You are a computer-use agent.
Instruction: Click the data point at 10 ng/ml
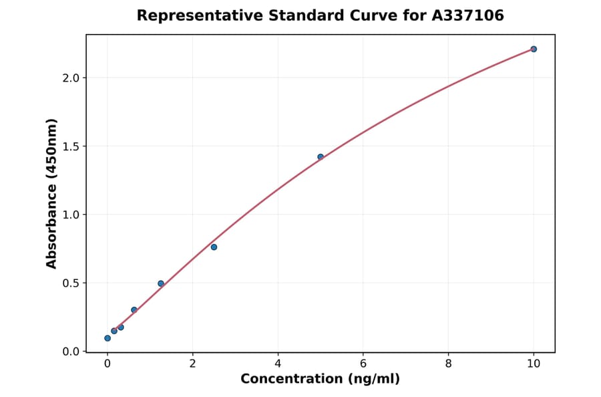(534, 49)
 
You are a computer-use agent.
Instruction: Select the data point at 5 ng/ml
(321, 157)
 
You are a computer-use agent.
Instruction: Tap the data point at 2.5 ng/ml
(214, 247)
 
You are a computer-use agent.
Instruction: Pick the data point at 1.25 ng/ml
(161, 283)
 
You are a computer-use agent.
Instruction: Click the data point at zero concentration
(108, 338)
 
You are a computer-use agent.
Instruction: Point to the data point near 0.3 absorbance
(134, 310)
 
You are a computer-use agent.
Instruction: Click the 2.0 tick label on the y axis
(70, 78)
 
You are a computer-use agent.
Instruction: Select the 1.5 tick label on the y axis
(70, 146)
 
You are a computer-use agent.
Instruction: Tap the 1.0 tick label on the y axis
(70, 215)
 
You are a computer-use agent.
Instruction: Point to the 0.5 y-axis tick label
(70, 283)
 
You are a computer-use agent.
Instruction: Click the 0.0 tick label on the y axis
(70, 352)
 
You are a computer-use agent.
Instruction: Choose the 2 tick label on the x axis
(192, 364)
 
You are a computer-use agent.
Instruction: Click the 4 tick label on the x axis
(278, 364)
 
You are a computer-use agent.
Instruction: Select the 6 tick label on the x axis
(363, 364)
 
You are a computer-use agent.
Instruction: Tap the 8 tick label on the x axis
(448, 364)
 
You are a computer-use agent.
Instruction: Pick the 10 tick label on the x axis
(534, 364)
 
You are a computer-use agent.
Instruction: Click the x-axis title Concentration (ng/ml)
(321, 380)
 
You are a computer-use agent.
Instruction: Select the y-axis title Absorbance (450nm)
(52, 193)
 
